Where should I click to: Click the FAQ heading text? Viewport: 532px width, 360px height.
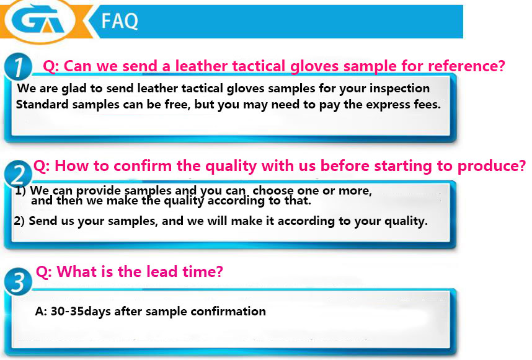coord(120,21)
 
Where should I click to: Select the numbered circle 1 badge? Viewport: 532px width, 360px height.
coord(18,66)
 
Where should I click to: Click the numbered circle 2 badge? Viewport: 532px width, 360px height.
coord(18,174)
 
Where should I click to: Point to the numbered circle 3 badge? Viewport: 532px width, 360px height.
coord(18,281)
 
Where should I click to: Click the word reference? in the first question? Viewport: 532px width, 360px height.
coord(466,66)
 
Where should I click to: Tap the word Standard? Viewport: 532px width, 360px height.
coord(42,104)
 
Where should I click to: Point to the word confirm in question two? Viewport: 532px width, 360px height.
coord(143,166)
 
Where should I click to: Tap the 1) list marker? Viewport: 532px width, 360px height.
coord(20,191)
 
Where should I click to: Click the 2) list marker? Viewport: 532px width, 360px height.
coord(19,221)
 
